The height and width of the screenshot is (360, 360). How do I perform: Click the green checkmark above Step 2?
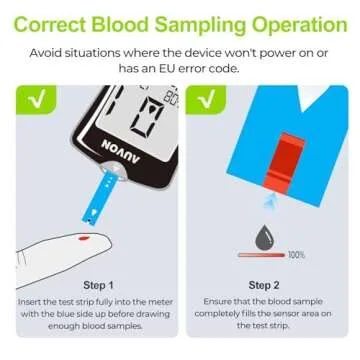coord(206,99)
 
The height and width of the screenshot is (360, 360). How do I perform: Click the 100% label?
coord(296,255)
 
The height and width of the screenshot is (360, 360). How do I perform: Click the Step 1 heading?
coord(97,285)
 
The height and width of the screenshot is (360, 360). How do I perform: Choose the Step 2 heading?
coord(264,285)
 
